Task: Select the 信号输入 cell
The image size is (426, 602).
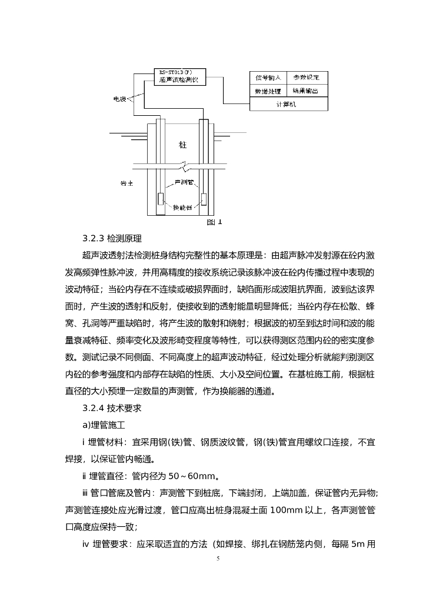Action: [x=268, y=78]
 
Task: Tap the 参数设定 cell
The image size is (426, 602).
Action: [x=307, y=78]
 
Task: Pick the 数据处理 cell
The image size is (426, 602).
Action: [x=268, y=91]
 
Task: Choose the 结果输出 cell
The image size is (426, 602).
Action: [x=307, y=91]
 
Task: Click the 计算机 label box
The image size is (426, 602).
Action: [x=288, y=104]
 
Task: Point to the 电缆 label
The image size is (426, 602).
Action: [x=120, y=99]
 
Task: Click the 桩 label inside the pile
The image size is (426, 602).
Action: [x=182, y=144]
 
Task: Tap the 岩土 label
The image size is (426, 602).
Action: [x=127, y=183]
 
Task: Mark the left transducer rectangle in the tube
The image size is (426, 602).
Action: [x=160, y=199]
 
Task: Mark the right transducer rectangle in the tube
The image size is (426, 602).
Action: [x=203, y=199]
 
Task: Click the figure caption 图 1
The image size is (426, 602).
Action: [x=215, y=222]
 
